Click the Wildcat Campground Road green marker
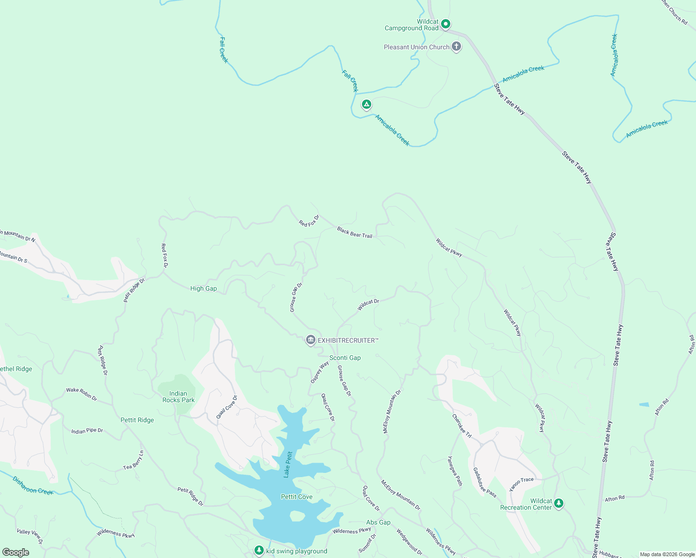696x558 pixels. coord(445,24)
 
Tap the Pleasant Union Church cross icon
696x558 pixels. coord(456,46)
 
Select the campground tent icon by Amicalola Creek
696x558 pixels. coord(367,105)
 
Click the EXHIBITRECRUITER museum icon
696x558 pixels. coord(310,340)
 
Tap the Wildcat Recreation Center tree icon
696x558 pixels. coord(559,504)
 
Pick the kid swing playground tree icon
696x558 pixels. coord(259,551)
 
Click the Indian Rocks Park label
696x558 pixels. coord(178,397)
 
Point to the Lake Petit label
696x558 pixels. coord(288,465)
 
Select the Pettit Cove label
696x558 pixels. coord(297,497)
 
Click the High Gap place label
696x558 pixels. coord(203,288)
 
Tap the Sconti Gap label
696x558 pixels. coord(345,358)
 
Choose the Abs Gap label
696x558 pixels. coord(378,522)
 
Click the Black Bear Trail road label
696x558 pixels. coord(355,232)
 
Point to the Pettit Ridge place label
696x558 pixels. coord(137,420)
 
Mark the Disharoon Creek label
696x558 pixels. coord(33,485)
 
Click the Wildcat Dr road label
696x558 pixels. coord(368,305)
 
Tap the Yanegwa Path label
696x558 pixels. coord(455,471)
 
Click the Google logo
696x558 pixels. coord(16,552)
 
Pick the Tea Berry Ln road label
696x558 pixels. coord(134,460)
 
